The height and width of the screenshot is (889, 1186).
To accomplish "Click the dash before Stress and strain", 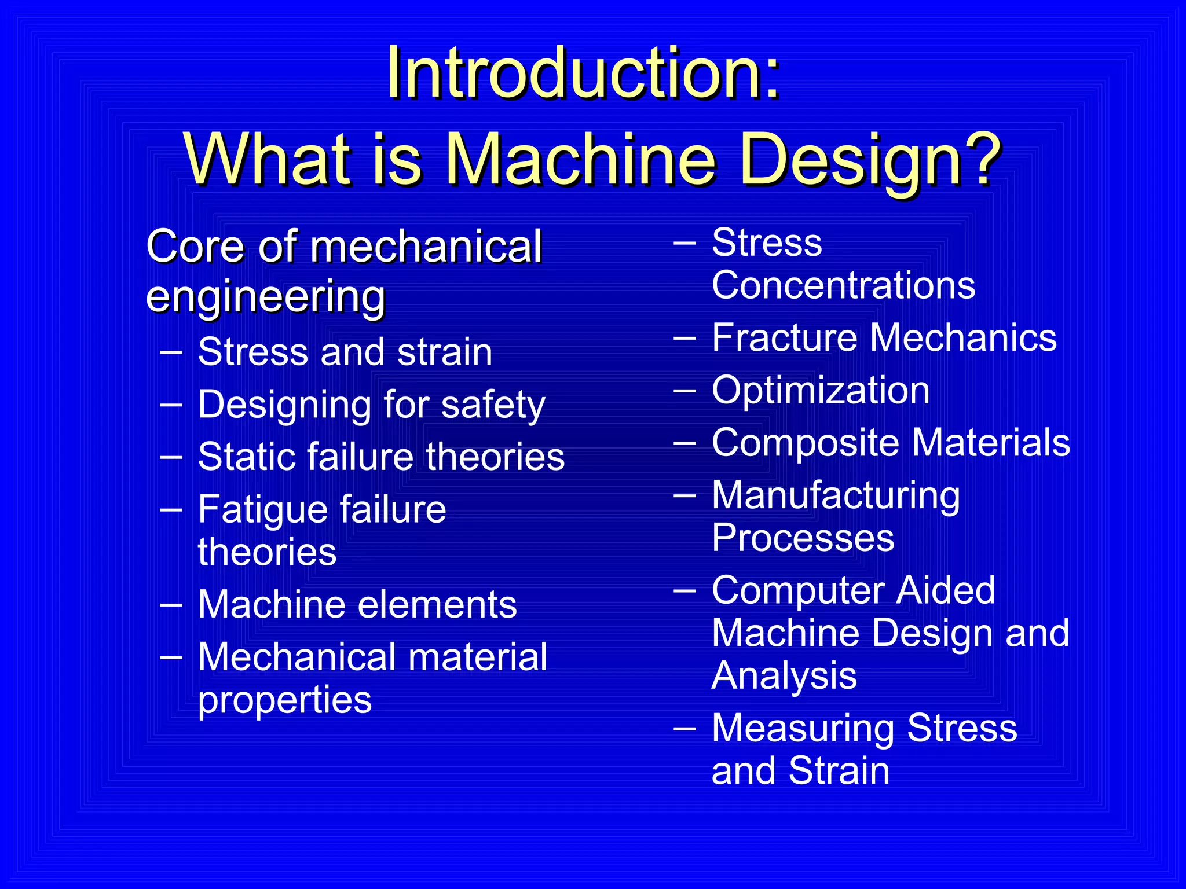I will pos(171,351).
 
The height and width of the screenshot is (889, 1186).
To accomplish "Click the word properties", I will pos(284,700).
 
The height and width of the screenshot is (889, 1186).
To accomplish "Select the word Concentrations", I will pos(843,285).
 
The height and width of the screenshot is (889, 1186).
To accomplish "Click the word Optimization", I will pos(821,391).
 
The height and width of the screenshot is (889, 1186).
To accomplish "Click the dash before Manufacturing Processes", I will pos(684,495).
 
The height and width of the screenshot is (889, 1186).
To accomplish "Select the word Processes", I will pos(803,538).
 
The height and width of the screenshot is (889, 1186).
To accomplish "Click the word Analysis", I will pos(784,676).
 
